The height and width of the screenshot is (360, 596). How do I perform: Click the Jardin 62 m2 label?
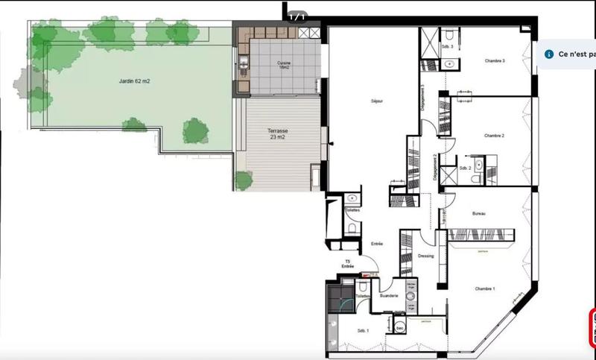[134, 81]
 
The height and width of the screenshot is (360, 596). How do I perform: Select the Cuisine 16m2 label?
[284, 65]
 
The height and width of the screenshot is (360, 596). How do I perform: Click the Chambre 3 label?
[495, 61]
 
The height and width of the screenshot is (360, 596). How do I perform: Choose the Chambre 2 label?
[495, 136]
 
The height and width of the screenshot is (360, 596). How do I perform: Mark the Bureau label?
[479, 215]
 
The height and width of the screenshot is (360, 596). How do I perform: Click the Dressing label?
[425, 256]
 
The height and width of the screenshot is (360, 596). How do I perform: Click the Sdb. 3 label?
[448, 47]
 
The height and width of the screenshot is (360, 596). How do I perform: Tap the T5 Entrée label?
[347, 263]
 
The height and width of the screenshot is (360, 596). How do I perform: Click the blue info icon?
[549, 54]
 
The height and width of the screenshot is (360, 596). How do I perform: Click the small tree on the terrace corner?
[243, 180]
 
